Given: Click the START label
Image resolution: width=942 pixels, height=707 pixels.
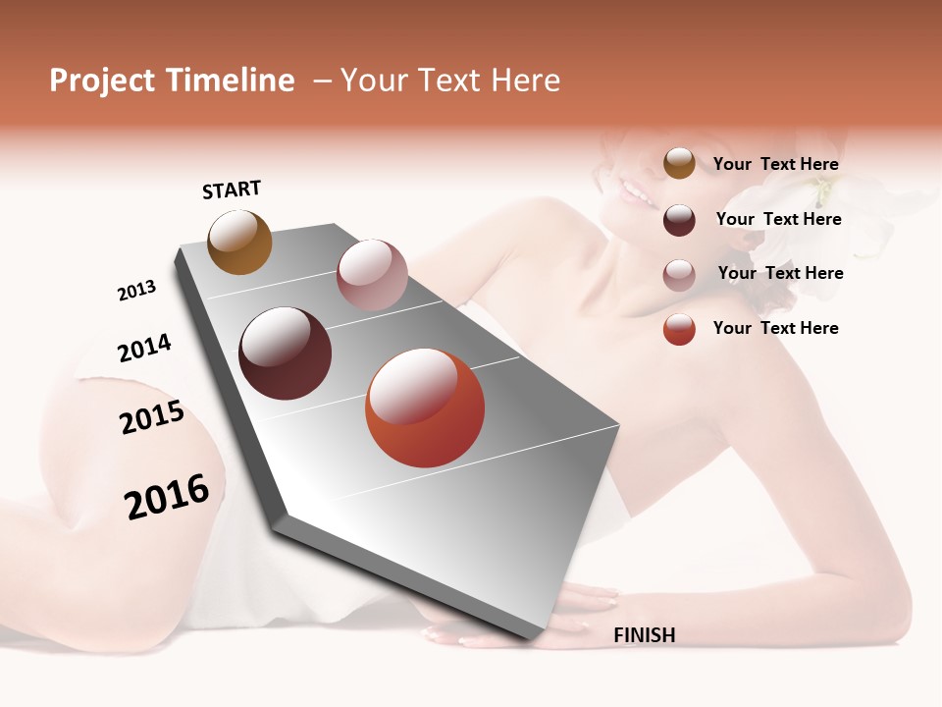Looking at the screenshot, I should pyautogui.click(x=232, y=190).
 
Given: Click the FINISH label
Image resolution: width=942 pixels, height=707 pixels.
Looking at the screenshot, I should pyautogui.click(x=644, y=635).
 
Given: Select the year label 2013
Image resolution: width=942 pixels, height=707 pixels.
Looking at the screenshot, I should pyautogui.click(x=136, y=291).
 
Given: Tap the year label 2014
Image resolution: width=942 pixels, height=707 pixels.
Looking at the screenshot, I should pyautogui.click(x=144, y=349).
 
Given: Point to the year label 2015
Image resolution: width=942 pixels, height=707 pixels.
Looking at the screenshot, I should pyautogui.click(x=152, y=417).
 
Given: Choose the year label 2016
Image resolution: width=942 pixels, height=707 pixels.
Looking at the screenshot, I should pyautogui.click(x=167, y=497).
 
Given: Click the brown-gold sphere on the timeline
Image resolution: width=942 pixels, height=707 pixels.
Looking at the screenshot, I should pyautogui.click(x=239, y=242).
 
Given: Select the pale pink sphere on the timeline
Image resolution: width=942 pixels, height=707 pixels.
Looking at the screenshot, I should pyautogui.click(x=372, y=275).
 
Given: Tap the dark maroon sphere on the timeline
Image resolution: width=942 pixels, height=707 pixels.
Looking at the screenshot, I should pyautogui.click(x=286, y=353).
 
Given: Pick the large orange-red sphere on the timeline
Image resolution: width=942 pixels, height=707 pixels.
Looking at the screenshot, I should pyautogui.click(x=425, y=408).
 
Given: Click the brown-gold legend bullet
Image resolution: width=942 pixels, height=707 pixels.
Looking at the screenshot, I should pyautogui.click(x=679, y=164).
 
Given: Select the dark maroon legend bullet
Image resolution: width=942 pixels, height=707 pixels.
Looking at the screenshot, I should pyautogui.click(x=679, y=220).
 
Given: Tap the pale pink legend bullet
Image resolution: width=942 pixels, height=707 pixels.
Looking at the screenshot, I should pyautogui.click(x=679, y=275).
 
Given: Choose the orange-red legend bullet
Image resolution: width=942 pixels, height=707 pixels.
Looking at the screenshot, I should pyautogui.click(x=679, y=329).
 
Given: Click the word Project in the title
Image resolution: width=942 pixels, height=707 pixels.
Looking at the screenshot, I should pyautogui.click(x=102, y=81).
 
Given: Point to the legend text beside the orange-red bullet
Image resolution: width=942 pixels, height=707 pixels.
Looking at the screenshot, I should pyautogui.click(x=775, y=328).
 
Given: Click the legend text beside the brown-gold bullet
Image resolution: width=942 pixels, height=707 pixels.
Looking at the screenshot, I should pyautogui.click(x=775, y=164).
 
